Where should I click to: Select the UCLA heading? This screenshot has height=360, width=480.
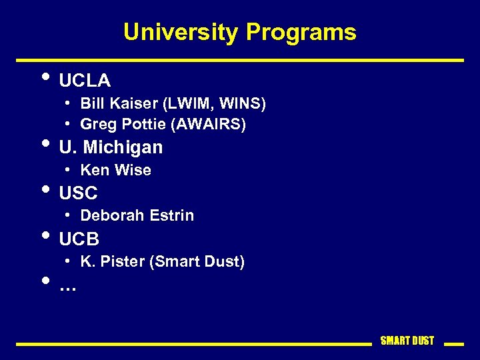click(85, 81)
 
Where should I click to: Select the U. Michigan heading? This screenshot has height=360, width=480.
click(111, 147)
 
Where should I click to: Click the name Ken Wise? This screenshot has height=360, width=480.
click(115, 170)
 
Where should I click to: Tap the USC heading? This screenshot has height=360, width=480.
click(78, 193)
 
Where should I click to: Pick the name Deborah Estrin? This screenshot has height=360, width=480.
click(137, 215)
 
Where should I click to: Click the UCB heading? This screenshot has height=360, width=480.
click(79, 239)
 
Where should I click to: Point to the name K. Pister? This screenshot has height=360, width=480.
click(112, 261)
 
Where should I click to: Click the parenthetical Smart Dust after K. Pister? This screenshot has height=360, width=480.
click(197, 261)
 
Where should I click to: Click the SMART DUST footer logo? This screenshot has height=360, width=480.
click(407, 341)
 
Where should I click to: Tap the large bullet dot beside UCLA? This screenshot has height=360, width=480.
click(45, 76)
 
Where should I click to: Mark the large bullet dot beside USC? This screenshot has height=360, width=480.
click(45, 189)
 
